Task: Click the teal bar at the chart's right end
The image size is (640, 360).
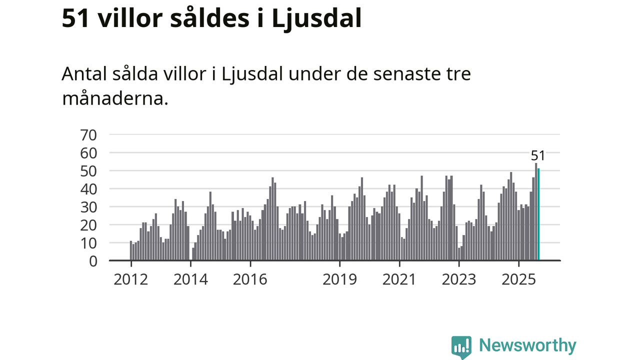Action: click(x=538, y=214)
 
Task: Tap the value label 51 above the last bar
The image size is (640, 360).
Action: click(x=538, y=156)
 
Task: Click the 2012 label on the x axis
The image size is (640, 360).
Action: click(x=130, y=279)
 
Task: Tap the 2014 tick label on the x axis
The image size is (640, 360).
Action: click(x=190, y=279)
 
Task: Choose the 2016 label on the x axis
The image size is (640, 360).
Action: click(x=250, y=279)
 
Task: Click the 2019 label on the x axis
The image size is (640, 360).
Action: click(x=339, y=279)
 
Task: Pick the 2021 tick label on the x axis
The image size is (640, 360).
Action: click(x=399, y=279)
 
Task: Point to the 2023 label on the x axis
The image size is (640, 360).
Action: click(x=459, y=279)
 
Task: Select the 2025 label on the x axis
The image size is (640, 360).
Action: click(x=518, y=279)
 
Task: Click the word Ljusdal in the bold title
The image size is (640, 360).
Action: click(x=316, y=19)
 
